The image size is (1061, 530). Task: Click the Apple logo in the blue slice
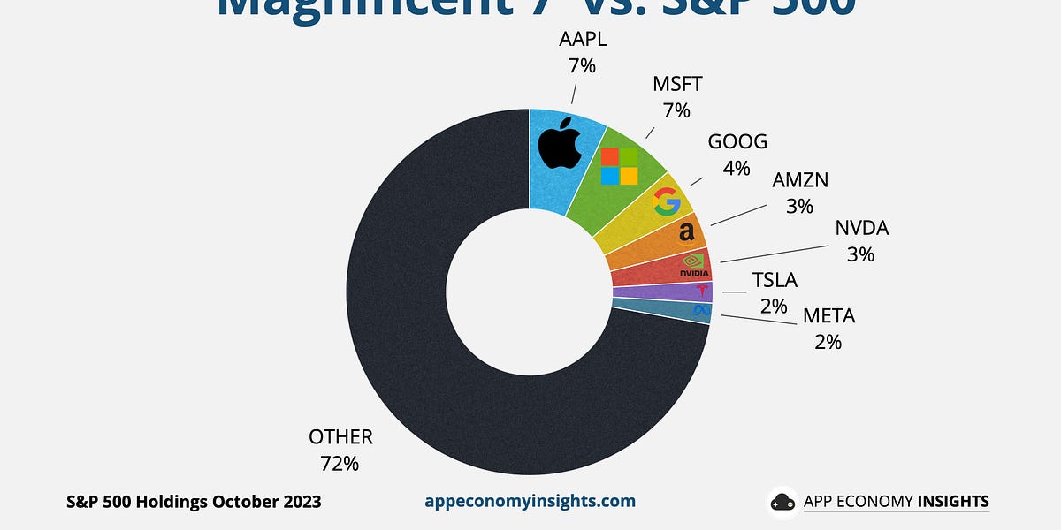tap(560, 146)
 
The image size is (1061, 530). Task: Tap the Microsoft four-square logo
tap(619, 166)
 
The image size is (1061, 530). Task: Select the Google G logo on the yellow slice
tap(666, 202)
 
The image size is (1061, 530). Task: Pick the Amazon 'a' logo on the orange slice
tap(685, 232)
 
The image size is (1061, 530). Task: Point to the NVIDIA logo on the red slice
tap(695, 264)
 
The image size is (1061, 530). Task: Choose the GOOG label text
tap(737, 142)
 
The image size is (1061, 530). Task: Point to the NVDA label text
tap(861, 229)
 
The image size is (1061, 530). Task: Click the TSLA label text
tap(775, 281)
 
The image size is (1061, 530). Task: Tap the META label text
tap(828, 316)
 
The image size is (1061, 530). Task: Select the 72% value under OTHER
tap(340, 462)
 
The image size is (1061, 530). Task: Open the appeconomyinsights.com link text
tap(530, 501)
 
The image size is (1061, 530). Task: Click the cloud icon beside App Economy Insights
tap(782, 502)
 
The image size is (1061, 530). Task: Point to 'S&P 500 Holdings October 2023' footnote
tap(194, 502)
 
